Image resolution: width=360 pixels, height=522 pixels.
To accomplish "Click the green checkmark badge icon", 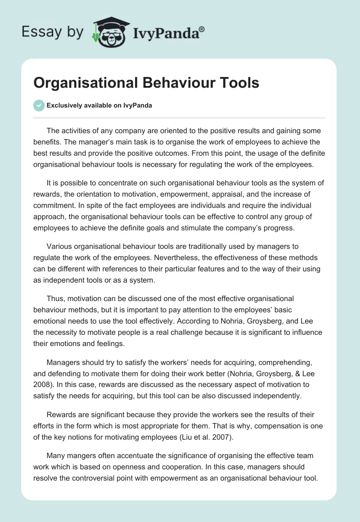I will [x=39, y=105].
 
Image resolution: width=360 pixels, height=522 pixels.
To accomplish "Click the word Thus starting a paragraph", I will [x=55, y=299].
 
